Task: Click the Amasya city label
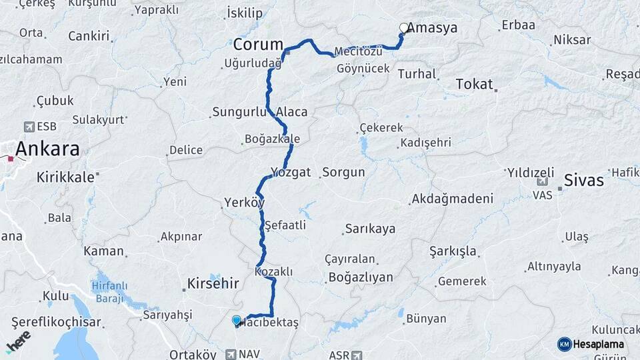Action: [x=432, y=28]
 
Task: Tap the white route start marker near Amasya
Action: [x=403, y=28]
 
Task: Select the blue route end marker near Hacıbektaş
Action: [x=236, y=321]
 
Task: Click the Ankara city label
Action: [x=47, y=149]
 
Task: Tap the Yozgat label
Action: [x=291, y=172]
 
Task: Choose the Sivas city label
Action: [x=583, y=180]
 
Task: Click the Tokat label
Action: [x=474, y=84]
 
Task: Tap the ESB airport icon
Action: [x=29, y=126]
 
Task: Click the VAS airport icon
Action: [x=543, y=181]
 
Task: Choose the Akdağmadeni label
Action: [x=453, y=198]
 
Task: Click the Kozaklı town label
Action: [x=274, y=272]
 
